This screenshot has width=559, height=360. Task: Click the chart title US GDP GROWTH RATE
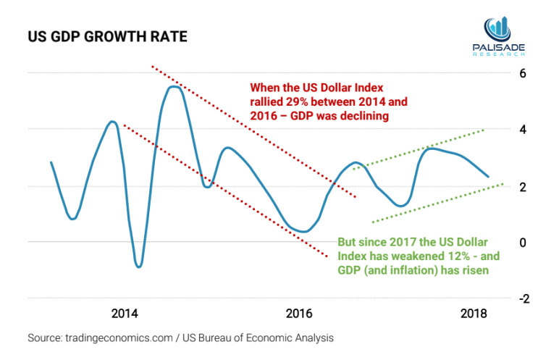tap(107, 36)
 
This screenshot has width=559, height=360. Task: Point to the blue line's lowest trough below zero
tap(139, 267)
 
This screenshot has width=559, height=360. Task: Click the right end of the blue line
tap(488, 177)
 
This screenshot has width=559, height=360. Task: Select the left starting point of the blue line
tap(51, 162)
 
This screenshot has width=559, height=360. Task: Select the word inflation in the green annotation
tap(418, 272)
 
